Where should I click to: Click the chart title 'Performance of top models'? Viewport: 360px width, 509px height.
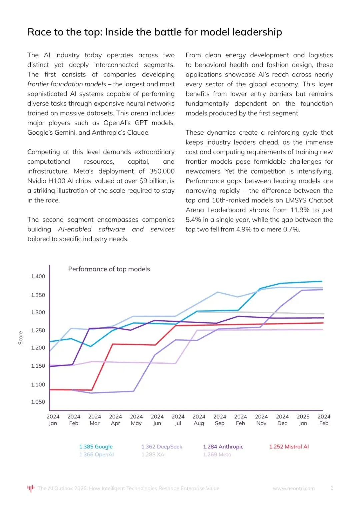[x=109, y=269]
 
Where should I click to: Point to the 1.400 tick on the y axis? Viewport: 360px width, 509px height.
[x=38, y=276]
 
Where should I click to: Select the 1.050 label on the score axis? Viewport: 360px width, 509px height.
[x=38, y=402]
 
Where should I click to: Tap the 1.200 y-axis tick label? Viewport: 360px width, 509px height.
[x=38, y=348]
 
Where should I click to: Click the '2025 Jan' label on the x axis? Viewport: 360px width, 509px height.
[x=303, y=420]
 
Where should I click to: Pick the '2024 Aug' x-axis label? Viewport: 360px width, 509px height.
[x=199, y=420]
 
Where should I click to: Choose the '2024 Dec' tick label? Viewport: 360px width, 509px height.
[x=282, y=420]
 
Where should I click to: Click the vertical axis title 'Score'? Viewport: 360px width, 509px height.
[x=21, y=338]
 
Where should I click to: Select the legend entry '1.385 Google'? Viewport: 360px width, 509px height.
[x=96, y=447]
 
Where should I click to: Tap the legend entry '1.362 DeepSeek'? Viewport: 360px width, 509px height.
[x=162, y=447]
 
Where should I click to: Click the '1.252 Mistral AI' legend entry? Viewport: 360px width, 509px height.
[x=289, y=447]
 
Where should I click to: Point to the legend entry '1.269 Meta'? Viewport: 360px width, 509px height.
[x=217, y=454]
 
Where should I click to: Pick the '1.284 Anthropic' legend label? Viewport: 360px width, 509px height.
[x=223, y=447]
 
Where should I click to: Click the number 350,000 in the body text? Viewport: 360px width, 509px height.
[x=162, y=171]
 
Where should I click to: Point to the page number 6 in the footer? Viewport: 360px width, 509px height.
[x=332, y=488]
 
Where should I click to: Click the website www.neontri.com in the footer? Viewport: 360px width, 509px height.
[x=294, y=488]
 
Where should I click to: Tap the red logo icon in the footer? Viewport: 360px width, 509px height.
[x=31, y=488]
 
